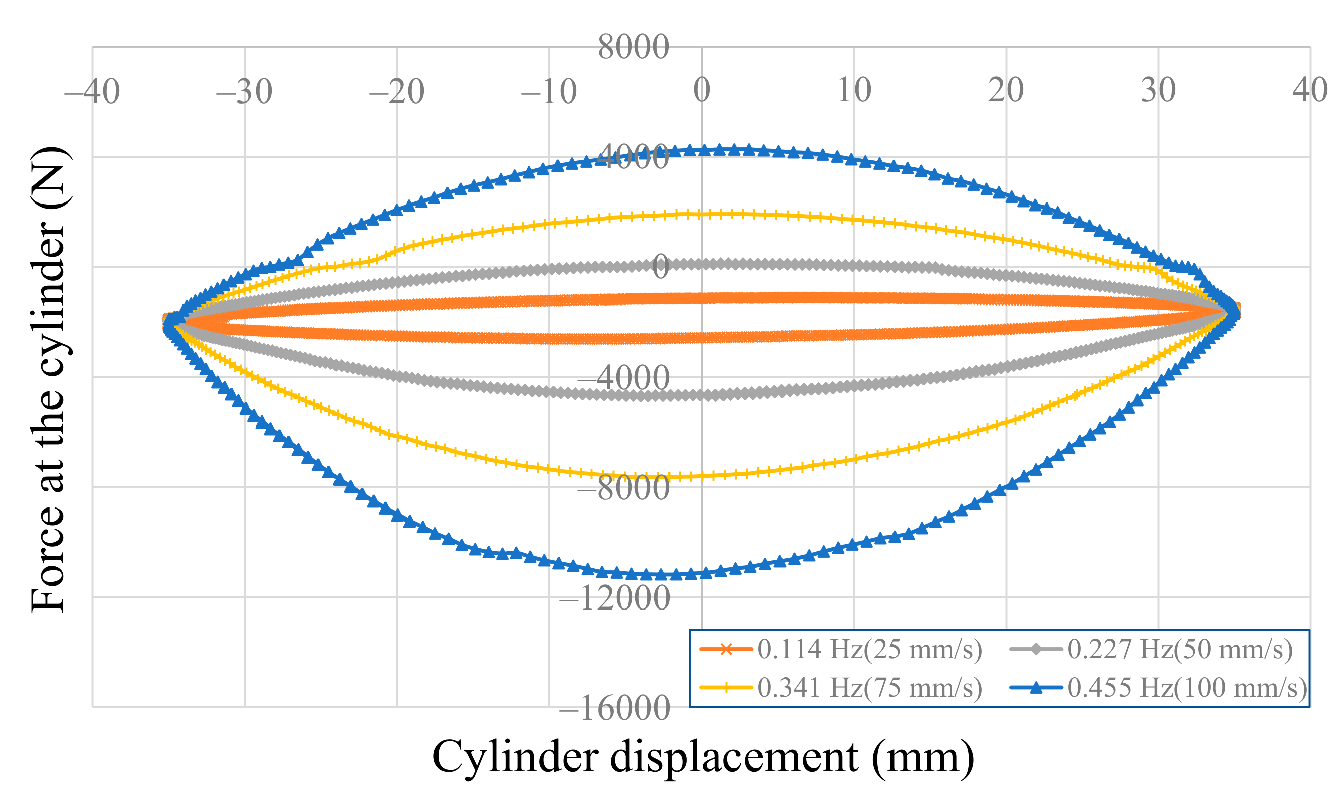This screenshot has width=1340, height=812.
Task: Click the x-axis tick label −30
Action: click(244, 91)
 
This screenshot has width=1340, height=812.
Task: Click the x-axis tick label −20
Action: click(396, 91)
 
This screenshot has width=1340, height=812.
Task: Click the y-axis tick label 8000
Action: click(633, 47)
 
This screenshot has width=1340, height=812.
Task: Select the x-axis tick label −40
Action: click(92, 91)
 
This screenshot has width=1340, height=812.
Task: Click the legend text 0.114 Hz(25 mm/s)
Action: click(869, 649)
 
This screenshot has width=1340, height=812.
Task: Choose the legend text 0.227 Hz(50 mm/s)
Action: click(1180, 649)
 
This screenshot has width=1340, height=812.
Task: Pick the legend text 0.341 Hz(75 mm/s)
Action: click(869, 688)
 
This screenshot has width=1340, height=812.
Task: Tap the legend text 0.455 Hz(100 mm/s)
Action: click(1187, 688)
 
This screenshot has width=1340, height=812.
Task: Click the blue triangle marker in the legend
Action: click(1036, 687)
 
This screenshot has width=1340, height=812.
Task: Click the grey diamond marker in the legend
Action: click(1036, 649)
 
